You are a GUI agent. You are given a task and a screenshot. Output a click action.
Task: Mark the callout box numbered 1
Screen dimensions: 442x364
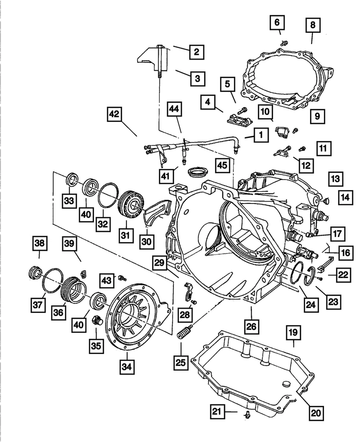click(x=261, y=135)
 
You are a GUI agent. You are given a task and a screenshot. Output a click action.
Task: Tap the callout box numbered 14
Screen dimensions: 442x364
click(x=345, y=198)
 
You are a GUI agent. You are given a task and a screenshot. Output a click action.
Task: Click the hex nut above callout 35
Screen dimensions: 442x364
click(x=97, y=320)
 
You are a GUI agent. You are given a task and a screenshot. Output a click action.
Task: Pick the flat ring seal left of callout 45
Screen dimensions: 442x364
click(x=198, y=173)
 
